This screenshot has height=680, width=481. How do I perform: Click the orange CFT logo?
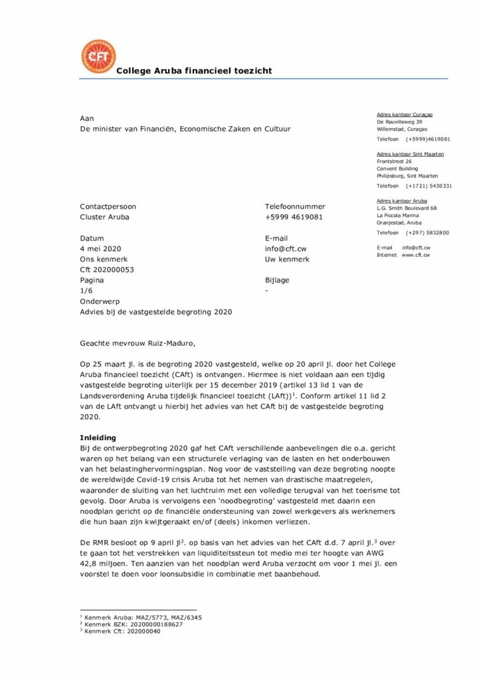pos(98,57)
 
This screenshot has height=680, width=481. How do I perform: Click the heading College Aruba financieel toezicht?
pos(194,71)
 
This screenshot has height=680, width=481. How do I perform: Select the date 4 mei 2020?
pos(102,248)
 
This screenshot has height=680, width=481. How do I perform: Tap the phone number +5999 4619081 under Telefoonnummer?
pos(294,217)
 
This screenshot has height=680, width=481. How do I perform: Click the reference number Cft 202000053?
pos(107,270)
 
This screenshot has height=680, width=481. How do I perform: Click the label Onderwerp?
pos(100,301)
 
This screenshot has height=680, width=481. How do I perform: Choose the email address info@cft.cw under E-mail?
pos(286,248)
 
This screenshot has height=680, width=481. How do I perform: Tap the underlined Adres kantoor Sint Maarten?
pos(410,154)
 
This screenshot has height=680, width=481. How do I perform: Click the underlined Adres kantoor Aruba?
pos(401,201)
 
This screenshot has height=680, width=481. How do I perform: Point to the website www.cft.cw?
pos(415,255)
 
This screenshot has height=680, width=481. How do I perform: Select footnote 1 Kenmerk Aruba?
pos(140,618)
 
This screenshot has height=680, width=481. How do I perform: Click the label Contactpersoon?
pos(108,207)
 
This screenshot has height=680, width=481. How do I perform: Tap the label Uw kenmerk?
pos(287,259)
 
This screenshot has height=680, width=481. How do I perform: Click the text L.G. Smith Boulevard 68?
pos(407,209)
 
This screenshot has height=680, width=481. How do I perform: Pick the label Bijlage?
pos(277,280)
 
